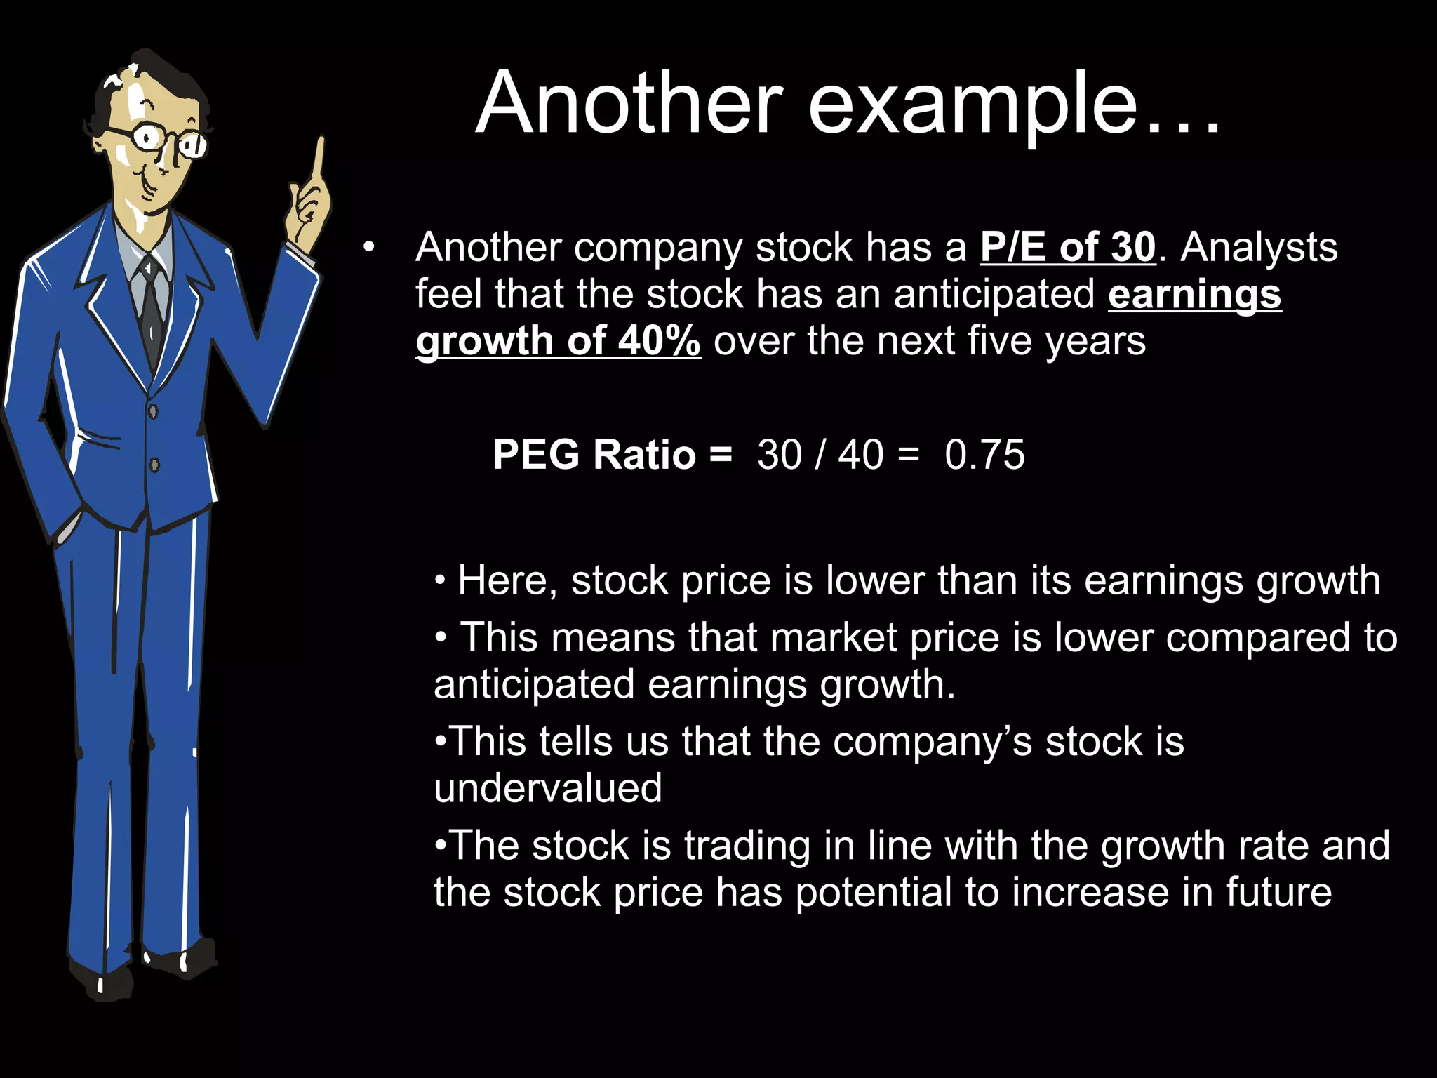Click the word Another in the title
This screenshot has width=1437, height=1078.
click(x=629, y=104)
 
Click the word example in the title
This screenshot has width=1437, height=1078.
click(x=973, y=105)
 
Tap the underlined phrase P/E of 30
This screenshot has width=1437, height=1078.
click(x=1067, y=248)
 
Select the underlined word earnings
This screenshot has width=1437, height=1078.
click(x=1194, y=294)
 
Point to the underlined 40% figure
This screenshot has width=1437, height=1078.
click(x=659, y=341)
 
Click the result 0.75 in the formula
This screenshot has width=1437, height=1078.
click(x=984, y=455)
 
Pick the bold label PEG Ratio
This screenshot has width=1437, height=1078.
click(x=594, y=455)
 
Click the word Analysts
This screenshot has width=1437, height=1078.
click(x=1259, y=248)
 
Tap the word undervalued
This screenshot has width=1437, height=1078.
click(x=548, y=788)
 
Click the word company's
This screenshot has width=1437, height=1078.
click(x=933, y=742)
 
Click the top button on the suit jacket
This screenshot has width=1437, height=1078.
click(x=153, y=411)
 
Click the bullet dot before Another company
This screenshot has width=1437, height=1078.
click(x=369, y=248)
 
